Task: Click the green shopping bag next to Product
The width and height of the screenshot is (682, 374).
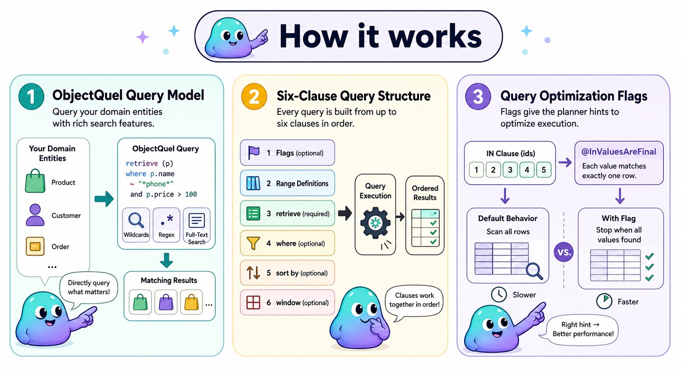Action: point(35,182)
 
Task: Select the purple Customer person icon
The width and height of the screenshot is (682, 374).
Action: point(35,215)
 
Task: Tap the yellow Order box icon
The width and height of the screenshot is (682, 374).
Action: point(35,246)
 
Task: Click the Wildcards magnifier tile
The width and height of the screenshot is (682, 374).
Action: point(136,225)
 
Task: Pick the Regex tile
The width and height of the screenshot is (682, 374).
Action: point(166,225)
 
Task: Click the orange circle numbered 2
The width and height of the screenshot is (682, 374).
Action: point(254,97)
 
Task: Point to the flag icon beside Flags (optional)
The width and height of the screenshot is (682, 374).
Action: point(254,153)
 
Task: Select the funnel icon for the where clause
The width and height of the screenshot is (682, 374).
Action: point(253,243)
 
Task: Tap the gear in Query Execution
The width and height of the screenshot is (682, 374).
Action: point(375,223)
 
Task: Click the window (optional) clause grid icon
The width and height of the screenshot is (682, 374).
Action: point(253,302)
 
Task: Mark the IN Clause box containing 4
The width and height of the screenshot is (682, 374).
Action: point(527,170)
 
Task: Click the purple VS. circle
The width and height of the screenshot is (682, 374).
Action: point(564,252)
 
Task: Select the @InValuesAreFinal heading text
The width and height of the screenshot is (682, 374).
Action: point(619,152)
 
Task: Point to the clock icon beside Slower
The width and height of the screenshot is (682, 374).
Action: point(499,295)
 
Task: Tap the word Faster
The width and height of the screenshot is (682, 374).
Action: point(628,302)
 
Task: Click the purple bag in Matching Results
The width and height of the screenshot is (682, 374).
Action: point(166,302)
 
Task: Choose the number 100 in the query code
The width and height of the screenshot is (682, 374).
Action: point(191,194)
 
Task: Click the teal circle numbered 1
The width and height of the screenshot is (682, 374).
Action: point(31,97)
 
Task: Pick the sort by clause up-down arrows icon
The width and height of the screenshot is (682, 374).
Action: point(253,273)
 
